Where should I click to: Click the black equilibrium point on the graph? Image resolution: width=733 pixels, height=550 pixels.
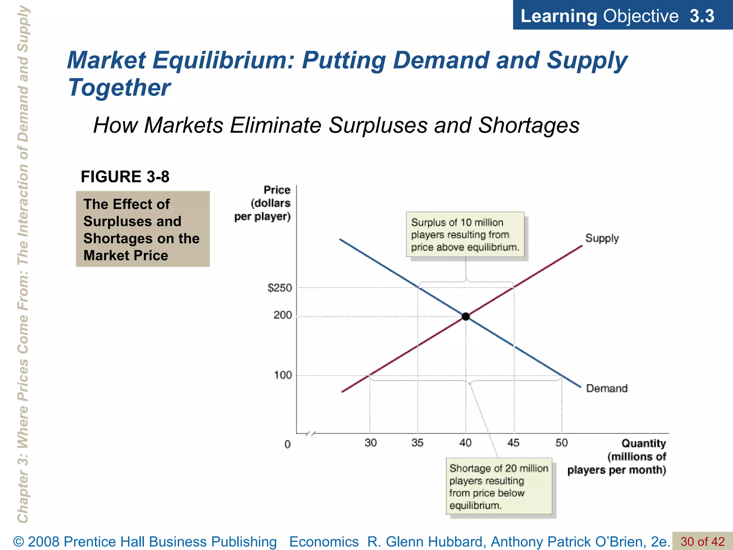click(x=466, y=317)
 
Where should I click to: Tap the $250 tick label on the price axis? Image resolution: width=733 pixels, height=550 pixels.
click(x=280, y=288)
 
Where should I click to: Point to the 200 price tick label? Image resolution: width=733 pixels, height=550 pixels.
click(x=283, y=315)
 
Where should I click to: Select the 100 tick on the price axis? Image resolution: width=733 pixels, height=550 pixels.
click(x=283, y=375)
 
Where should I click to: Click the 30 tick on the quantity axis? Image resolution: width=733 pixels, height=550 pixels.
click(x=370, y=443)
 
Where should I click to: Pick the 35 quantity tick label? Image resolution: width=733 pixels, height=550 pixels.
click(x=417, y=443)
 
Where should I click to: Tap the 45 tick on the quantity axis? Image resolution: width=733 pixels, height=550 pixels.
click(x=513, y=443)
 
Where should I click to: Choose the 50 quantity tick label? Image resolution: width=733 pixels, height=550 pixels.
click(x=562, y=443)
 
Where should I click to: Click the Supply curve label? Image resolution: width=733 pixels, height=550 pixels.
click(x=602, y=238)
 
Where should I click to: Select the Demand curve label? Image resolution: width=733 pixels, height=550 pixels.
click(x=607, y=389)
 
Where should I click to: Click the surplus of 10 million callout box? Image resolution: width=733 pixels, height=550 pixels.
click(x=465, y=235)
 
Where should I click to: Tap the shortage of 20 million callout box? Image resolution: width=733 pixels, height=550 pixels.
click(x=499, y=486)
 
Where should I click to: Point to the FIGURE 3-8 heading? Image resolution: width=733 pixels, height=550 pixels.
click(x=125, y=177)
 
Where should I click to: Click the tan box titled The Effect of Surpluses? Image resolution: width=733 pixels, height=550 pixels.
click(x=142, y=229)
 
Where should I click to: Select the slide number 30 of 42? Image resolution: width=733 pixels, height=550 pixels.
click(x=702, y=541)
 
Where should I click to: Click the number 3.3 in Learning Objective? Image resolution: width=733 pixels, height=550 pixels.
click(x=702, y=16)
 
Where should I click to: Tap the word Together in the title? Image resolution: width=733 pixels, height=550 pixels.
click(x=119, y=88)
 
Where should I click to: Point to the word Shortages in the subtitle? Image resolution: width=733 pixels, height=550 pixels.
click(x=529, y=125)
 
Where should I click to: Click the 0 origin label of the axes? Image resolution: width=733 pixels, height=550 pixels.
click(x=287, y=445)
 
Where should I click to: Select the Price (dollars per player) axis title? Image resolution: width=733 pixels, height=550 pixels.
click(x=263, y=203)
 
